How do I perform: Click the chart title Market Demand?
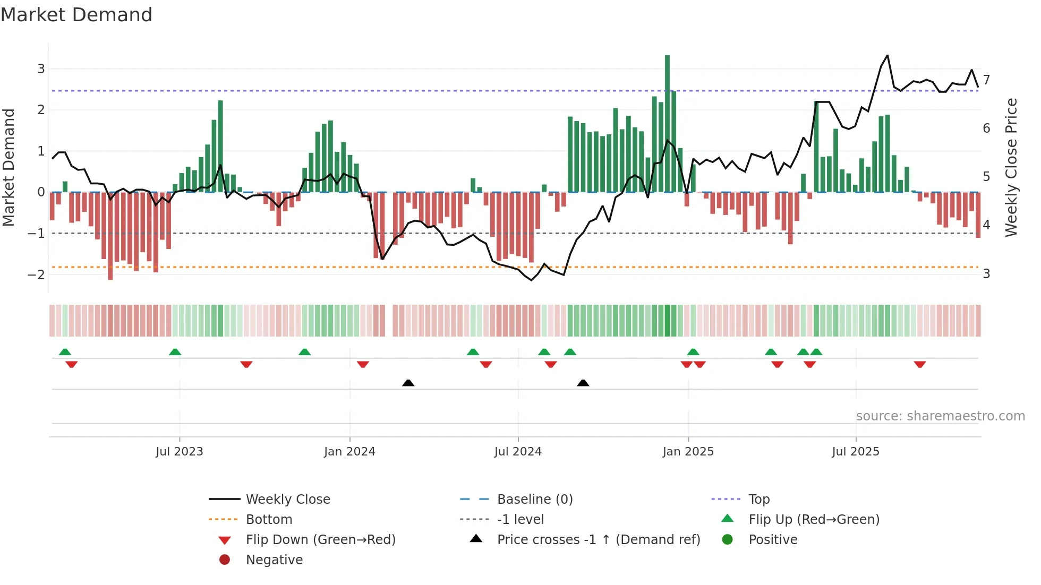point(76,15)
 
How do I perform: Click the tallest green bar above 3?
point(667,122)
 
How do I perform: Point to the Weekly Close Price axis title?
point(1011,167)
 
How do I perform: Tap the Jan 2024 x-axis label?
point(349,452)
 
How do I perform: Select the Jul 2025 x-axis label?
point(856,452)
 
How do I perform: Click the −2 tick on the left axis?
point(37,274)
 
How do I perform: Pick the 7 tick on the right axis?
point(986,80)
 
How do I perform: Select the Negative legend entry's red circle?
point(225,560)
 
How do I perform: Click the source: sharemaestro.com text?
point(940,416)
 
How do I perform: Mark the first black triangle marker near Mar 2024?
point(408,383)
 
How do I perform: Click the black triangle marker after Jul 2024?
point(583,383)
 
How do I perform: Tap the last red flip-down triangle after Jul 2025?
point(920,364)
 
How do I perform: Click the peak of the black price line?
point(887,56)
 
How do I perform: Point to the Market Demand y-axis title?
point(8,167)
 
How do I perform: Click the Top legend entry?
point(759,500)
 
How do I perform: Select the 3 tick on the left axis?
point(41,68)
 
